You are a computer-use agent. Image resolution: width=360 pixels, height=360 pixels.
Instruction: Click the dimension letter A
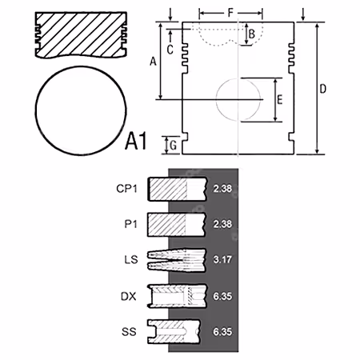pos(153,62)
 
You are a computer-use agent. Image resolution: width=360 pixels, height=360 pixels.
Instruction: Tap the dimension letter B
pos(252,34)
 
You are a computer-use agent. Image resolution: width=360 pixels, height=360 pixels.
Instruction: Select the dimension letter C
pos(170,50)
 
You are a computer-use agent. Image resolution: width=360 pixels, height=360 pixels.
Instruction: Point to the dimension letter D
pos(323,89)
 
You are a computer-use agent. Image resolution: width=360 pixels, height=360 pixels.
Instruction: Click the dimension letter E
pos(280,100)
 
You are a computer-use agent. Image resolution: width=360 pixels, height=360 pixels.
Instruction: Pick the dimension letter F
pos(230,13)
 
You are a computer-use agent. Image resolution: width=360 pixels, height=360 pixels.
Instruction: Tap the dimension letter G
pos(174,146)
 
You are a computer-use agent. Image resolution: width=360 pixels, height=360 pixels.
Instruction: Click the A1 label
pos(136,141)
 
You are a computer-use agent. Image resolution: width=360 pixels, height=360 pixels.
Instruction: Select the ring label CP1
pos(126,189)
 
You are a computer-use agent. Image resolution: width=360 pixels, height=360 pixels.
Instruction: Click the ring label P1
pos(130,224)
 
